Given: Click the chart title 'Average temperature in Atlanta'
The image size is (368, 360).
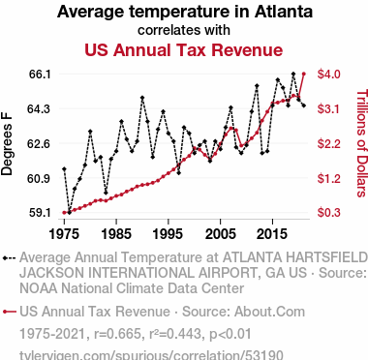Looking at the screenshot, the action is coord(185,12).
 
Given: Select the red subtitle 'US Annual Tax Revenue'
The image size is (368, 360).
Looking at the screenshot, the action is coord(184,50).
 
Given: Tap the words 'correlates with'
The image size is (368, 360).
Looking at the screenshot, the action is coord(184,30).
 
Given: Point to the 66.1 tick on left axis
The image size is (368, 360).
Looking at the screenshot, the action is coord(41,75).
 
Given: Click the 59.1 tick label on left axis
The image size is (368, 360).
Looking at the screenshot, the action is coord(41,213).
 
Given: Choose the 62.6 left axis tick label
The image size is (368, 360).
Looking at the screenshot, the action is coord(41,143).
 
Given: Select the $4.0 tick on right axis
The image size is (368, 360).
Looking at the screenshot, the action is coord(328,75).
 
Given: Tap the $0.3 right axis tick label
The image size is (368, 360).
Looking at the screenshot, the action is coord(328,213).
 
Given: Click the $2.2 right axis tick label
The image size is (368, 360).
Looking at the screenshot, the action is coord(328,143).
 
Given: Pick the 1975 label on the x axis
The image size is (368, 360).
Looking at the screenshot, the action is coord(64,234).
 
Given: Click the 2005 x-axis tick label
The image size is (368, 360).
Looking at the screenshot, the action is coord(220,234).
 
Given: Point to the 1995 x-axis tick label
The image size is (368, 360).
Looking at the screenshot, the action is coord(169,234).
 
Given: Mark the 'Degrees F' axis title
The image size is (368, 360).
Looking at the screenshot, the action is coord(7,143).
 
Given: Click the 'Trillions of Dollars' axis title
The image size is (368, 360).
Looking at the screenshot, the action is coord(362,143).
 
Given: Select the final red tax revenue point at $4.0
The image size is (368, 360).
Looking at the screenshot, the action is coord(304,75).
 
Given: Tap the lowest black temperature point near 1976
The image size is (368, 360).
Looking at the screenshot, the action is coord(70,213).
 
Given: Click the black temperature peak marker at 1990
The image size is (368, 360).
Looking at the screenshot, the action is coord(142,98).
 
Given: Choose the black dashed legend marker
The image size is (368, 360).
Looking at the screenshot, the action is coord(10,258).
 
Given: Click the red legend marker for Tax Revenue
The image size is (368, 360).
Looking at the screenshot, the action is coord(10,312).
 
